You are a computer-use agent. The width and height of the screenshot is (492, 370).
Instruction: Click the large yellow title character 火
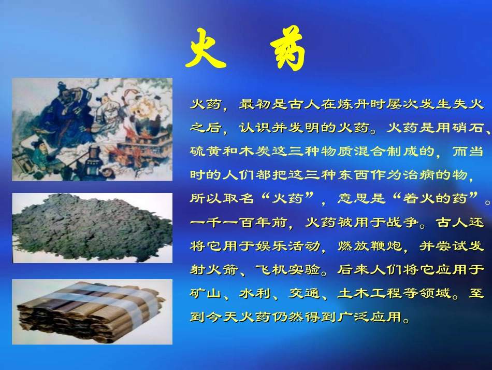(x=206, y=49)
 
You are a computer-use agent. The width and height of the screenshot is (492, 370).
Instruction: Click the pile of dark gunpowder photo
(x=92, y=228)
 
